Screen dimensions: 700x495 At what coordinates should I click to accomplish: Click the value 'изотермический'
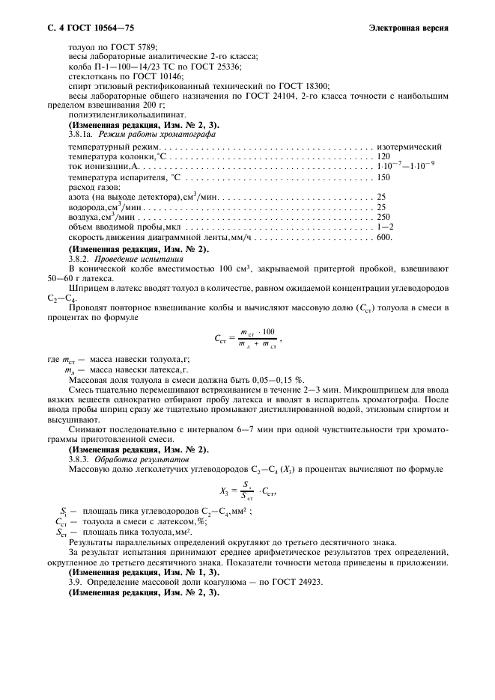[x=410, y=147]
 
